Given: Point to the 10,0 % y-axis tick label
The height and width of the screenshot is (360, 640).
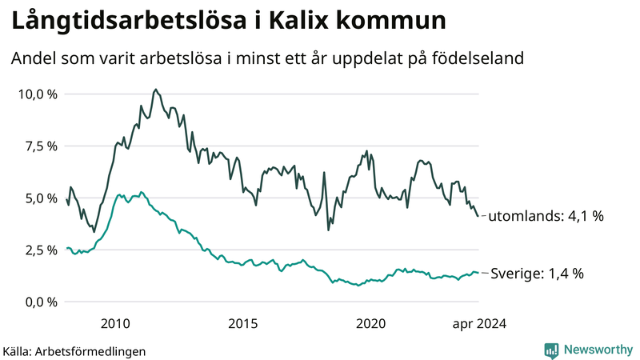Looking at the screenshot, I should click(38, 94).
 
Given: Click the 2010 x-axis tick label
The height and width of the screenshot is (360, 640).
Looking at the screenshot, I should click(115, 323).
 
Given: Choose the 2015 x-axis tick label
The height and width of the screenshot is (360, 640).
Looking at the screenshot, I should click(242, 323).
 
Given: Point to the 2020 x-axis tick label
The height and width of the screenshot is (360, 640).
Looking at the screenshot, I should click(370, 323).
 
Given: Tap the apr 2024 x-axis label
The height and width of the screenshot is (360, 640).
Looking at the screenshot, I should click(478, 323).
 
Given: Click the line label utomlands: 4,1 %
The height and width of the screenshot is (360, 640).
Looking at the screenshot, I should click(545, 216).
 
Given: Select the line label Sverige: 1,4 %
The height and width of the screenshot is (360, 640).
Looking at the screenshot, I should click(536, 274).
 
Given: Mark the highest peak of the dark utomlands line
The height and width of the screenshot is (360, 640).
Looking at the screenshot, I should click(155, 90).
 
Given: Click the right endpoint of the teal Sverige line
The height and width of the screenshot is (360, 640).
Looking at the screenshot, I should click(478, 273).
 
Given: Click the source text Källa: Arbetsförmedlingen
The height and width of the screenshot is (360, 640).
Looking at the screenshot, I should click(74, 351).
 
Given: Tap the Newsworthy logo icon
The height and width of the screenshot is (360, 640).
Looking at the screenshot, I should click(551, 350).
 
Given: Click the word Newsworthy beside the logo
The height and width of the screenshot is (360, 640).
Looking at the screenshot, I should click(598, 350).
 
